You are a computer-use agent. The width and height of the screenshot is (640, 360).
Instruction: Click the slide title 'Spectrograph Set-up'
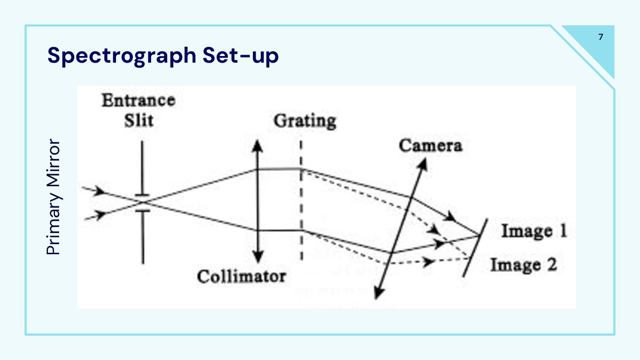tap(163, 56)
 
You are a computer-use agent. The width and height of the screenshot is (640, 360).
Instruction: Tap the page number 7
tap(601, 37)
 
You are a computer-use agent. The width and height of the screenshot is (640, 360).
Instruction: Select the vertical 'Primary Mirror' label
tap(54, 197)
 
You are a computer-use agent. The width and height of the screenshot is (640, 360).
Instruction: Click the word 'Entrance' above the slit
tap(138, 100)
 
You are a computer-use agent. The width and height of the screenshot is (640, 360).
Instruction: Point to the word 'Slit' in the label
tap(138, 120)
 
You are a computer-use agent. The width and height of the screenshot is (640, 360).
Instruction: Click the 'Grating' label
tap(304, 121)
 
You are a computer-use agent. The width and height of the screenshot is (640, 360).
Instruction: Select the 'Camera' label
tap(430, 145)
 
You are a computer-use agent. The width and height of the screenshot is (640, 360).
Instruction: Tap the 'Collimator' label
tap(241, 276)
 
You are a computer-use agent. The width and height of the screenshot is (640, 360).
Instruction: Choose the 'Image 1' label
tap(534, 232)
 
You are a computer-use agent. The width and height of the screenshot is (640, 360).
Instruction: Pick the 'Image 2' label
tap(523, 265)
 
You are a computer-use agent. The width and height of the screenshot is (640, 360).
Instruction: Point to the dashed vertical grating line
tap(301, 200)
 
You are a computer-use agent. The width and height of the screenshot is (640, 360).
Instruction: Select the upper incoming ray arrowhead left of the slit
tap(102, 192)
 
